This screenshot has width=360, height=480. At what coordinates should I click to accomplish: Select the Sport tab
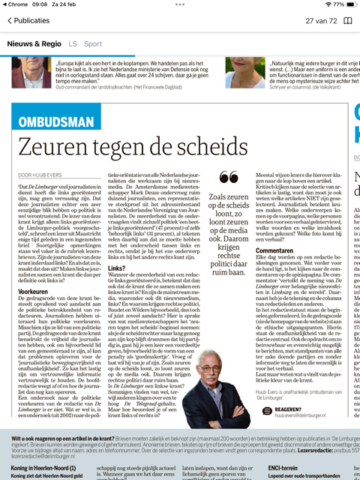pos(93,44)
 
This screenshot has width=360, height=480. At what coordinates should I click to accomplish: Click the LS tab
pos(73,44)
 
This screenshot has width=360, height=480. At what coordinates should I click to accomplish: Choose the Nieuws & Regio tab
pos(34,44)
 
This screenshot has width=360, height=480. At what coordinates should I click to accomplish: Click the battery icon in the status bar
pos(349,4)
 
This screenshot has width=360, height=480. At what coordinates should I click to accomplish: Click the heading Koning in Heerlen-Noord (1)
pos(43,467)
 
